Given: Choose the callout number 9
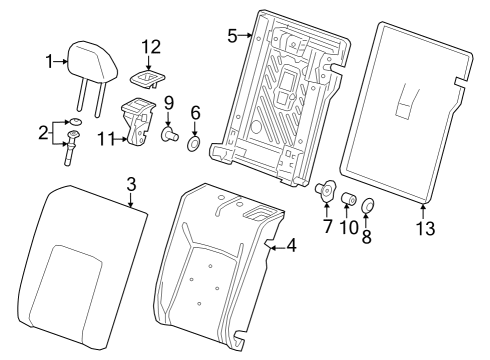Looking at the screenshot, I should point(169,102).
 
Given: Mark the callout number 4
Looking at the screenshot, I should point(291,244).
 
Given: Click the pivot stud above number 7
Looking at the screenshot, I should point(325,189).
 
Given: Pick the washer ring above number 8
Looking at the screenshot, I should point(370,207).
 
